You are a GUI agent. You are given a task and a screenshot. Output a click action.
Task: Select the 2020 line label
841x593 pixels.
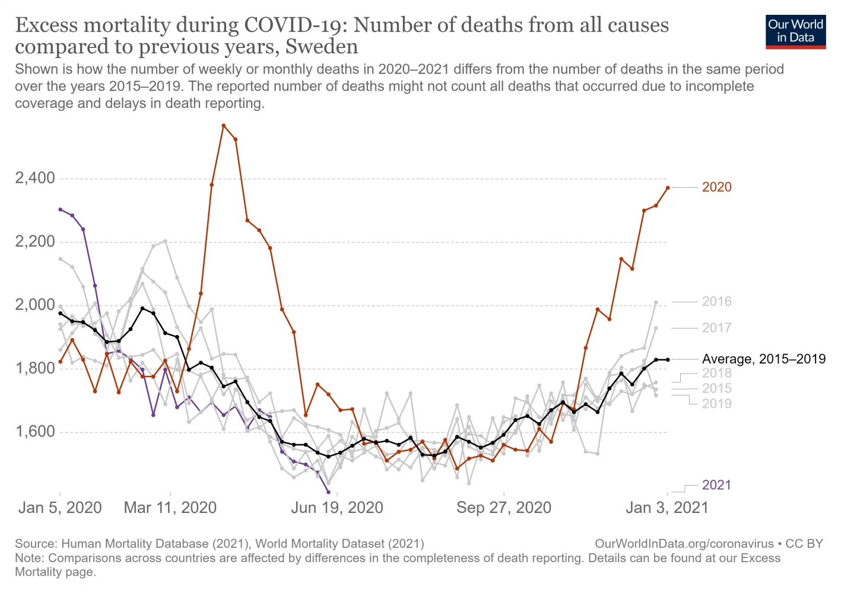click(716, 187)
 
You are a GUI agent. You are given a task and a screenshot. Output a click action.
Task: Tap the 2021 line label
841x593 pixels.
click(716, 485)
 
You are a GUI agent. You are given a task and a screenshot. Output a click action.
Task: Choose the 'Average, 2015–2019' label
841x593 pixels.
click(763, 359)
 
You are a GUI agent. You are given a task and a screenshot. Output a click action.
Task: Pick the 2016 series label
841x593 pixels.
click(716, 301)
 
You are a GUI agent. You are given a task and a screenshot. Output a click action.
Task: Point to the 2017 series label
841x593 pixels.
click(716, 328)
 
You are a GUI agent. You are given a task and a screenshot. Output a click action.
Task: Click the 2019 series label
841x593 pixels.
click(716, 404)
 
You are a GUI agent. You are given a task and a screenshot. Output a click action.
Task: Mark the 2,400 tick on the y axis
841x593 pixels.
click(35, 178)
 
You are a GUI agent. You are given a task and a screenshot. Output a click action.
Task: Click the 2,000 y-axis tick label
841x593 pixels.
click(35, 305)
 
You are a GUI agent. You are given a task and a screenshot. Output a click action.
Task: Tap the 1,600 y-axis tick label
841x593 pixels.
click(35, 432)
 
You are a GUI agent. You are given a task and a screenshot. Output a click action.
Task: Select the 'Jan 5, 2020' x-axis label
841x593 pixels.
click(60, 508)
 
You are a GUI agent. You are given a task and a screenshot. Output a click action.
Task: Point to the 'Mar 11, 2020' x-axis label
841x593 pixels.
click(170, 508)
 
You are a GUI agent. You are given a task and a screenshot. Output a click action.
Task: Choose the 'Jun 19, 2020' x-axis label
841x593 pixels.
click(337, 508)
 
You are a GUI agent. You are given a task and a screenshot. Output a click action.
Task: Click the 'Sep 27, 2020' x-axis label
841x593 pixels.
click(504, 508)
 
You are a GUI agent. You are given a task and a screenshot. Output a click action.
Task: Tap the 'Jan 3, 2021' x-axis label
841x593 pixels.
click(668, 508)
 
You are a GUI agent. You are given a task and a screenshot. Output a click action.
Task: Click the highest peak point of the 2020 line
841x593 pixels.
click(224, 126)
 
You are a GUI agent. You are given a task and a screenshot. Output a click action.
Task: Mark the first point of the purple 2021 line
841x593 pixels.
click(60, 209)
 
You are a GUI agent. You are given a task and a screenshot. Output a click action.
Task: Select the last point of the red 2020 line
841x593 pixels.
click(668, 188)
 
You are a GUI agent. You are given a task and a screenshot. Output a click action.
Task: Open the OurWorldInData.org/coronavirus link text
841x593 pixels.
click(684, 544)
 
